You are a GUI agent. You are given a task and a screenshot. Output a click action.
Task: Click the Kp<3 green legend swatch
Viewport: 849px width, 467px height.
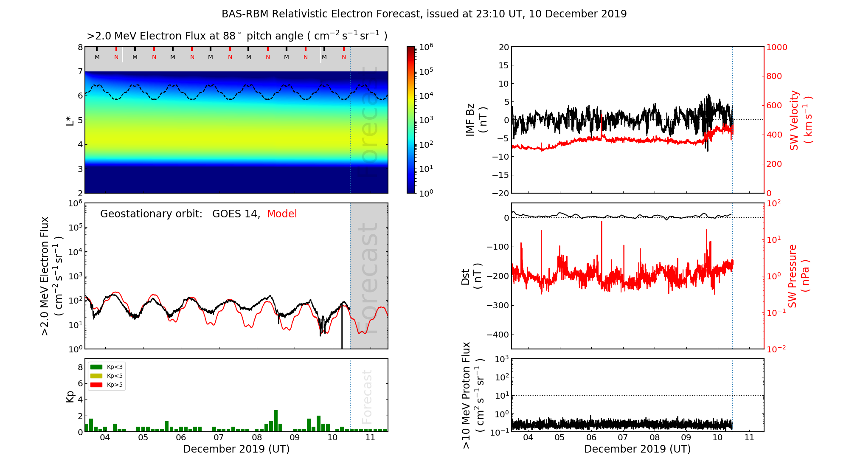(96, 367)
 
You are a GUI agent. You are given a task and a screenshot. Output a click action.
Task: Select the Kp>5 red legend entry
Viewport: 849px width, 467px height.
(115, 385)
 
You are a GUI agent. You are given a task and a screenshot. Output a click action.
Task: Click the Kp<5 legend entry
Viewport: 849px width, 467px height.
(115, 376)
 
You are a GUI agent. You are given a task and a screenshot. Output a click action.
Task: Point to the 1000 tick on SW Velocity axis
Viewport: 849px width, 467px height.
(776, 47)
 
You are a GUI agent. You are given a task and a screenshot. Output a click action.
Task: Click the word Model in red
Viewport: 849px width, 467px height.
(282, 214)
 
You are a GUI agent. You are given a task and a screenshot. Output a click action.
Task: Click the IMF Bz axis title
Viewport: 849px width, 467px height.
(476, 120)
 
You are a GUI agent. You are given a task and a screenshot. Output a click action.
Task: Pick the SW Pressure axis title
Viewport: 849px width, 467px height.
(798, 276)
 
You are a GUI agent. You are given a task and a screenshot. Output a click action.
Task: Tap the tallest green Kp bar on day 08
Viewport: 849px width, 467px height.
(276, 420)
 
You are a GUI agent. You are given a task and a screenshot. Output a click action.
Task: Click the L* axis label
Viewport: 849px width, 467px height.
(70, 120)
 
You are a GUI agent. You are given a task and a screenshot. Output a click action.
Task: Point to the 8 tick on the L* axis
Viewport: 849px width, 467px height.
(80, 47)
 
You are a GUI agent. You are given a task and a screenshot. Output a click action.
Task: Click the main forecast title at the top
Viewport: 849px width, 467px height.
(424, 14)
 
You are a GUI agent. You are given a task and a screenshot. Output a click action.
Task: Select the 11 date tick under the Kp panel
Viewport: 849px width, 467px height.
(371, 438)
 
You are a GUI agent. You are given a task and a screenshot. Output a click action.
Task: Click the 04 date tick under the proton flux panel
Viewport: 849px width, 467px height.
(528, 438)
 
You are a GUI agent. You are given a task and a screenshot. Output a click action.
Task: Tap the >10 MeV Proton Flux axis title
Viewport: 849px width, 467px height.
(473, 395)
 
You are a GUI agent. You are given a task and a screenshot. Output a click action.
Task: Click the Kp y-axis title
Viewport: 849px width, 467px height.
(70, 397)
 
